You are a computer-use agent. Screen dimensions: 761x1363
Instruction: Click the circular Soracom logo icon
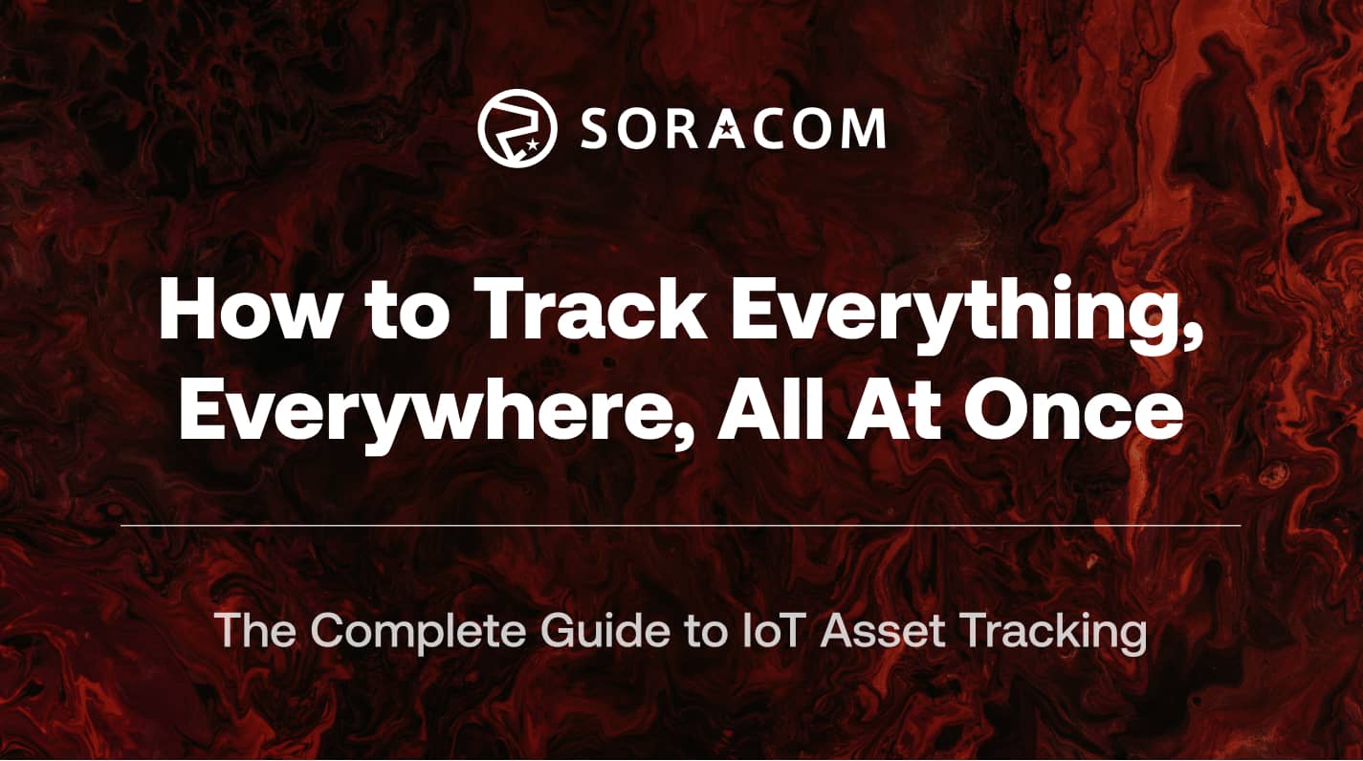[517, 128]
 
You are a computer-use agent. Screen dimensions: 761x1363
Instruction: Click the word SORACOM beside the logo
[732, 129]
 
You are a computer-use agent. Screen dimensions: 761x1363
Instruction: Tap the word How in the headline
[245, 312]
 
